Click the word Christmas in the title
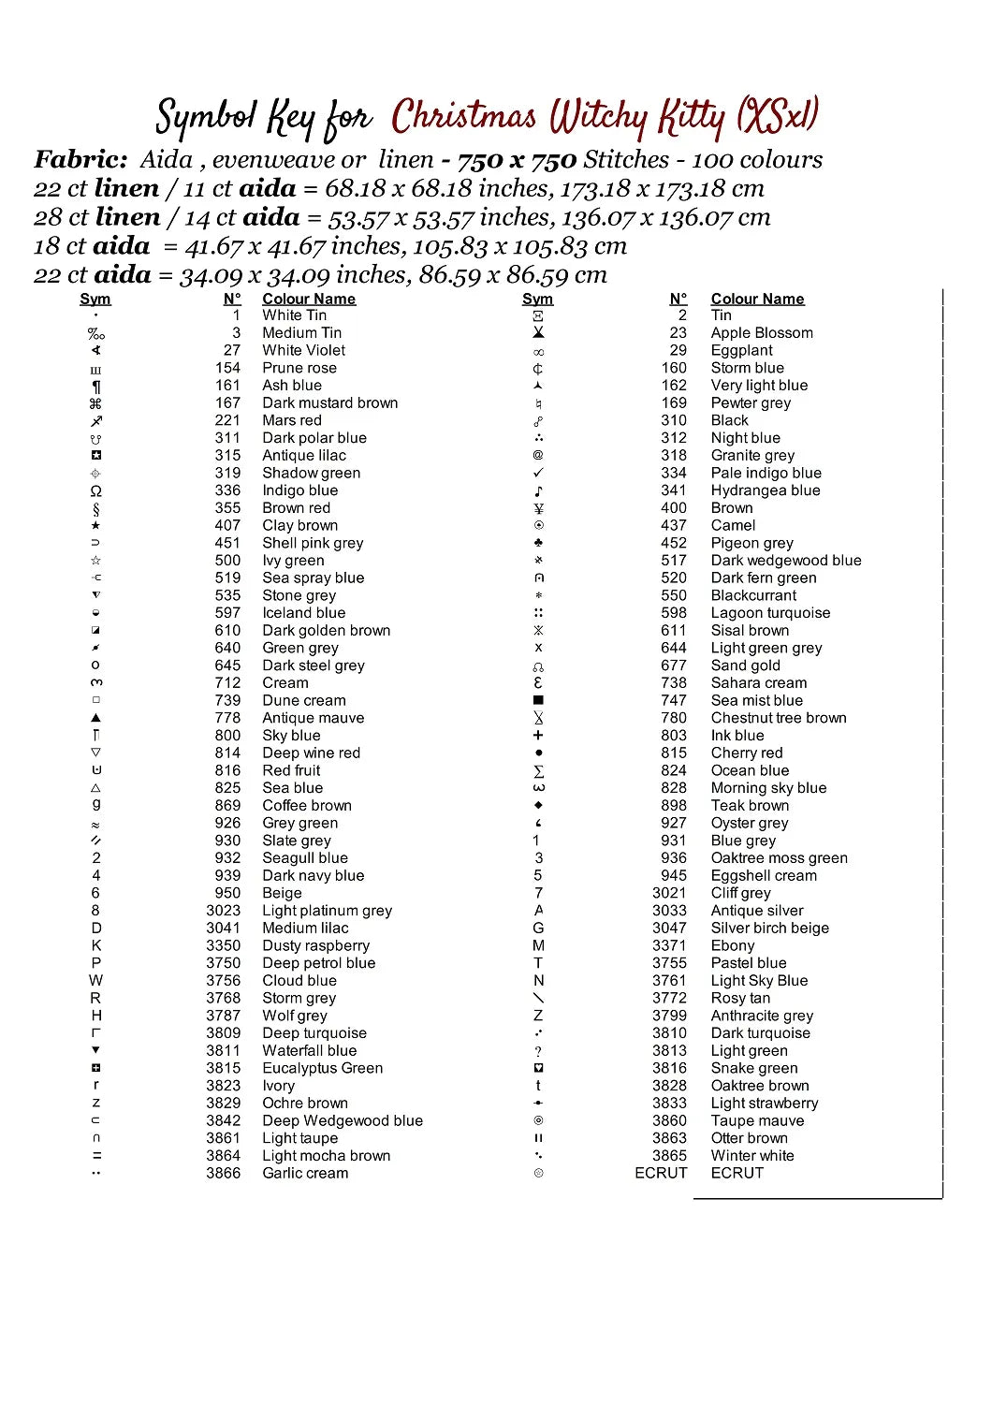click(463, 117)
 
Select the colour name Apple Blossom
click(762, 333)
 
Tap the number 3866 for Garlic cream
click(223, 1174)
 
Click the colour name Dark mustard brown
click(329, 403)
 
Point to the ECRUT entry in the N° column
click(661, 1174)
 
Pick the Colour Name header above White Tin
click(309, 300)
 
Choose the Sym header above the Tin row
click(537, 300)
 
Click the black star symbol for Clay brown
click(95, 526)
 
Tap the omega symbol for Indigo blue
click(95, 491)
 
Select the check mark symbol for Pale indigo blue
click(538, 474)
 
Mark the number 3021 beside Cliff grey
click(669, 894)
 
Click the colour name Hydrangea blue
click(765, 491)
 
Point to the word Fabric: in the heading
click(80, 160)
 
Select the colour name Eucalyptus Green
click(322, 1069)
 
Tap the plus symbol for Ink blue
click(538, 737)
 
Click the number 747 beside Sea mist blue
click(674, 701)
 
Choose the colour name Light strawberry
click(764, 1104)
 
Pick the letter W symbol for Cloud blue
click(95, 981)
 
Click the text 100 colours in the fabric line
click(757, 160)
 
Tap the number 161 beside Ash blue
click(227, 386)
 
